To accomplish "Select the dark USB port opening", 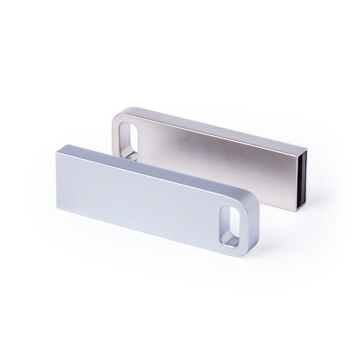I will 304,178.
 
